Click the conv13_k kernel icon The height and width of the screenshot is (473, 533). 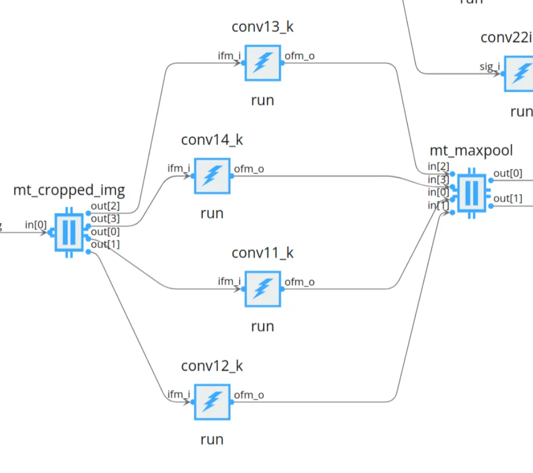[x=263, y=63]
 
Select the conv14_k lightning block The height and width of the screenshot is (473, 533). [x=212, y=175]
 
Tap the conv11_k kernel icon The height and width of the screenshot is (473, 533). [x=263, y=289]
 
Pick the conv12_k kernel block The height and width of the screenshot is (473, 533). [x=212, y=402]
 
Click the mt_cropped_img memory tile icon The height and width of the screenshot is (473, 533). [x=69, y=232]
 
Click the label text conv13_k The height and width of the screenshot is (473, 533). [x=263, y=27]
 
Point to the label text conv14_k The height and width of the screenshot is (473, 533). [x=212, y=140]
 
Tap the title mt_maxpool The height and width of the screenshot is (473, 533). [x=471, y=150]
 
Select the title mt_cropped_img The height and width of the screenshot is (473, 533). [x=69, y=190]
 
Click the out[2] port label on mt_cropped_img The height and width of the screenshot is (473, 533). [x=106, y=207]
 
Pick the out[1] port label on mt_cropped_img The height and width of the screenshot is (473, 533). [x=106, y=244]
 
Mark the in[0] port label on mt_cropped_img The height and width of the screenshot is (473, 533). [x=36, y=225]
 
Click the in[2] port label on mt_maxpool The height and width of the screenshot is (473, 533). [x=439, y=167]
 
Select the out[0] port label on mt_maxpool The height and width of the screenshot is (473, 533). [x=507, y=174]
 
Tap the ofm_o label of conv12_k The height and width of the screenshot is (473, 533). [x=249, y=395]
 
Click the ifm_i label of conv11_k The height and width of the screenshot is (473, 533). [x=229, y=281]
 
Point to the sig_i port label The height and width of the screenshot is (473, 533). [x=489, y=66]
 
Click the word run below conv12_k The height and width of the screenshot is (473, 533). [x=212, y=439]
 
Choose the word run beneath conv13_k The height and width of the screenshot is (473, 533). [x=263, y=100]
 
